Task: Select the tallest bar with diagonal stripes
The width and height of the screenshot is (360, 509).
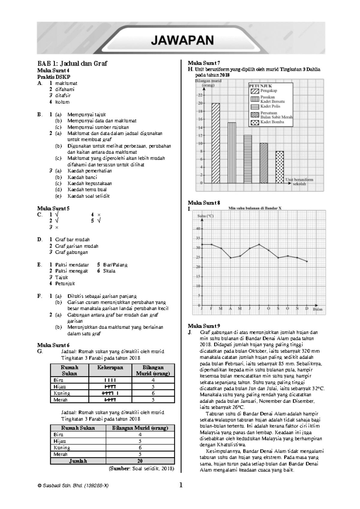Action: (x=216, y=143)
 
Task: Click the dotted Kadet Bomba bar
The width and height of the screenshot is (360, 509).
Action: (x=280, y=167)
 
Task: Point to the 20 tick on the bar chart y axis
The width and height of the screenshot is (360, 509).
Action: (x=200, y=103)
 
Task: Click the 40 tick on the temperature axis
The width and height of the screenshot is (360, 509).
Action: (x=198, y=229)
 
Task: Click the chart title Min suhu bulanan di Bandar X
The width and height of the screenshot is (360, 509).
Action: (x=255, y=208)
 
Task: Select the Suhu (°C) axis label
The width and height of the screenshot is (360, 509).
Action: (x=205, y=216)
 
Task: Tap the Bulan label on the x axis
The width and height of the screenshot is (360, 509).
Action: (x=318, y=309)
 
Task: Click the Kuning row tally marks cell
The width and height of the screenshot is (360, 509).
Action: (x=110, y=393)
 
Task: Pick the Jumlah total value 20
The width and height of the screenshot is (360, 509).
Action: (x=140, y=461)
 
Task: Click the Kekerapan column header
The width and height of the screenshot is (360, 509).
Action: (x=110, y=368)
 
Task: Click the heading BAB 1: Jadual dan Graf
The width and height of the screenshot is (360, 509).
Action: (x=72, y=63)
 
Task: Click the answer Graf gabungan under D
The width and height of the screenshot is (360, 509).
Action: (x=71, y=252)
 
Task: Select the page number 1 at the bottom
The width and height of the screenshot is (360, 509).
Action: (x=181, y=485)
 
